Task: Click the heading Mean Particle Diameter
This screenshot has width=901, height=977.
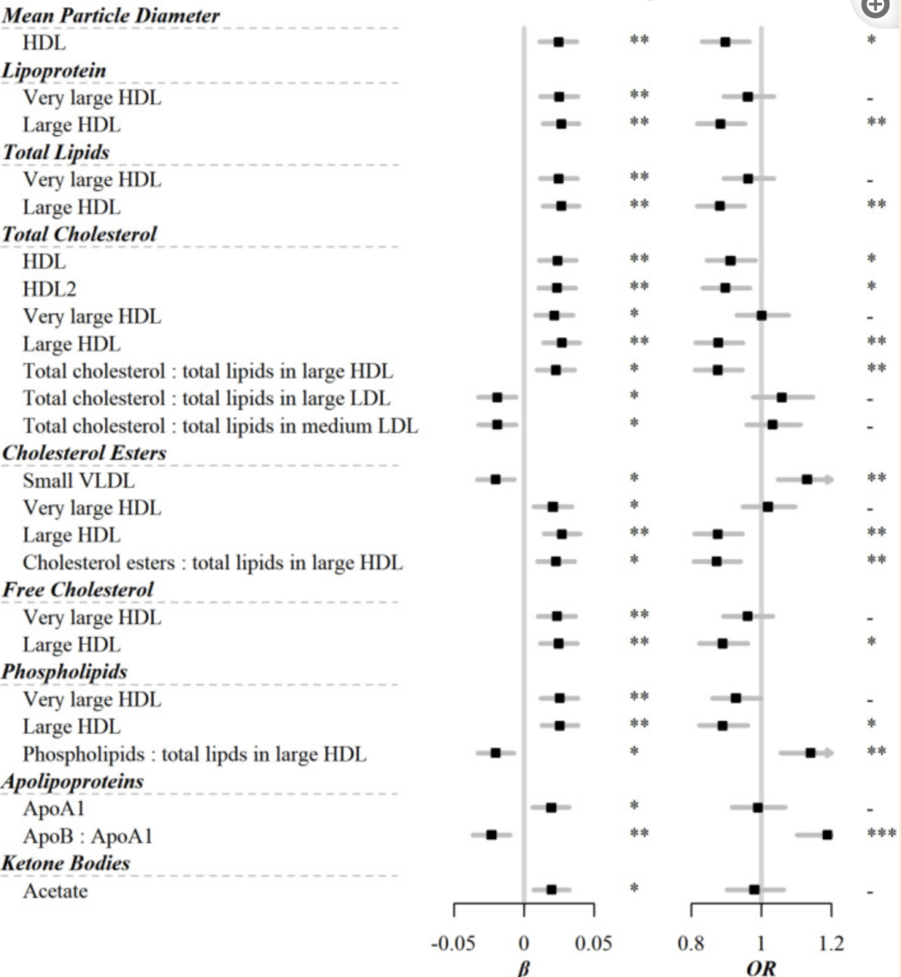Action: click(x=111, y=15)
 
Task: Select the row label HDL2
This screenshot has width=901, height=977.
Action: click(x=49, y=289)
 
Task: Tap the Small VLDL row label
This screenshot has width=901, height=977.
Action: click(x=78, y=481)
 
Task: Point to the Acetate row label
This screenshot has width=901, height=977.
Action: click(x=55, y=891)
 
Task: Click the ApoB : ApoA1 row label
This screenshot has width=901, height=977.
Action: click(x=88, y=836)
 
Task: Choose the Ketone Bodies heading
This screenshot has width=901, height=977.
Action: click(x=66, y=863)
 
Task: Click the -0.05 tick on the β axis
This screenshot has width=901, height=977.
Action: click(x=452, y=944)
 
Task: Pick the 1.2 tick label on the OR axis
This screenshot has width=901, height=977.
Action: click(x=830, y=944)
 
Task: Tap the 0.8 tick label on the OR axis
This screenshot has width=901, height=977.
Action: click(x=691, y=944)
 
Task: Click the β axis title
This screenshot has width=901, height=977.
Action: click(x=523, y=968)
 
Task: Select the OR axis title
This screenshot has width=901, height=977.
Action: click(x=761, y=968)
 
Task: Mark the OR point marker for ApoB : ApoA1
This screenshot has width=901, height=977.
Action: click(x=827, y=834)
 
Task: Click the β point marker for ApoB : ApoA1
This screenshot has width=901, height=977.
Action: click(x=491, y=834)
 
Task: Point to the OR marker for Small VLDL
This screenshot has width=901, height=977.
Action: click(x=807, y=479)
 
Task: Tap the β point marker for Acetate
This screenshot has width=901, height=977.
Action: click(x=551, y=889)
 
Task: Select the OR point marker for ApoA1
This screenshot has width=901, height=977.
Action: click(x=758, y=807)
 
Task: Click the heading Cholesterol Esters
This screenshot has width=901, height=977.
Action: click(x=84, y=453)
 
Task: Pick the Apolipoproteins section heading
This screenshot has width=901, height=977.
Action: click(x=73, y=781)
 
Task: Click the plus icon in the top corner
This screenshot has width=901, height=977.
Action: click(x=876, y=7)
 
